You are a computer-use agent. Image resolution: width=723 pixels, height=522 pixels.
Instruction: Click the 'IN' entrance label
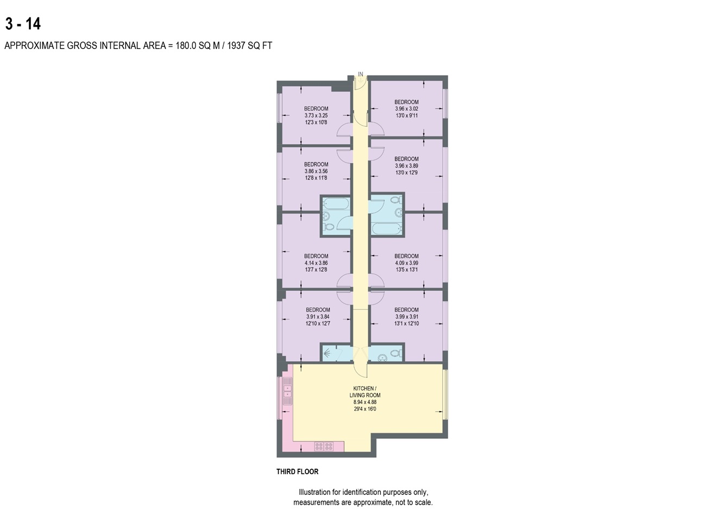coord(360,74)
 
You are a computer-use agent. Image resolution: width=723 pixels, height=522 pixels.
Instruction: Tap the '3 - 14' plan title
coord(23,24)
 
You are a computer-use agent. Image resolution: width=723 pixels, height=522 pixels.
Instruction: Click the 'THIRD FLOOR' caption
coord(297,471)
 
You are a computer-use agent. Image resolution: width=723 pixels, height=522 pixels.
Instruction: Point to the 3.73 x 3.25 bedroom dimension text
coord(316,116)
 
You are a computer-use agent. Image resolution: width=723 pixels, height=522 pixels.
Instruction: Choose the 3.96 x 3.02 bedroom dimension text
coord(406,109)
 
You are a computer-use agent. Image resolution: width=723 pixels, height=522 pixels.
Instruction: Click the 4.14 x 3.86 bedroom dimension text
coord(316,263)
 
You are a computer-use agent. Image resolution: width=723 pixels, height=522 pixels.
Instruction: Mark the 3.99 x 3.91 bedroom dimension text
coord(406,317)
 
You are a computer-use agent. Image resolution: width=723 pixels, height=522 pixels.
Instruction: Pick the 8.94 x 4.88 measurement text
coord(364,402)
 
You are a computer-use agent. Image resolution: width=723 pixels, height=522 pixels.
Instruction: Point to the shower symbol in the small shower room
coord(328,353)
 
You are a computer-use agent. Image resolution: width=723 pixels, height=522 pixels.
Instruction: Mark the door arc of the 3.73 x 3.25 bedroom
coord(344,130)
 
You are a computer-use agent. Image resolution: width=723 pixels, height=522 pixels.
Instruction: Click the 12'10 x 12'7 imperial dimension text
coord(318,324)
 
